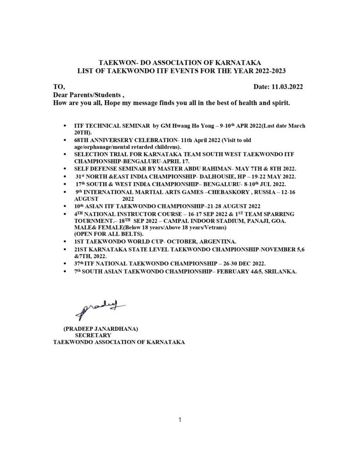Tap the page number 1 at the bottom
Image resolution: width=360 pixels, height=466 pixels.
(180, 420)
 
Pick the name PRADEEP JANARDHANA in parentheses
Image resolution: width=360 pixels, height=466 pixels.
(101, 328)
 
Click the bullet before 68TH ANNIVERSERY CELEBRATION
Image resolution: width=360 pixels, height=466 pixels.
(67, 142)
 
